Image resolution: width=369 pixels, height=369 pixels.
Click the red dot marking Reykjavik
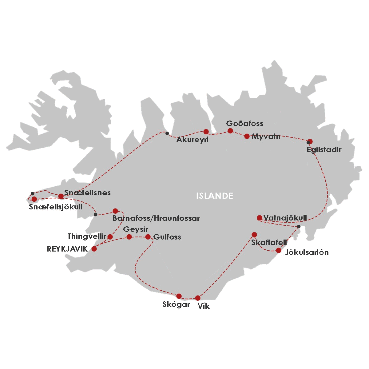pyautogui.click(x=94, y=249)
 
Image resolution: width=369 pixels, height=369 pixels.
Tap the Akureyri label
pyautogui.click(x=192, y=140)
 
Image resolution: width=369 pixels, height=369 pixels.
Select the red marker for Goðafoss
pyautogui.click(x=230, y=131)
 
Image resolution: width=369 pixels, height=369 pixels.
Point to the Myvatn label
pyautogui.click(x=266, y=137)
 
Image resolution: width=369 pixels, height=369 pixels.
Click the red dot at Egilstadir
pyautogui.click(x=310, y=141)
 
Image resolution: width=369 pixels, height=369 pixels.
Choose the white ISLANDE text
pyautogui.click(x=215, y=196)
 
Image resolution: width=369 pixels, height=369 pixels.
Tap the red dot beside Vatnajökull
pyautogui.click(x=259, y=218)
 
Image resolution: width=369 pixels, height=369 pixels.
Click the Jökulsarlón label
pyautogui.click(x=307, y=252)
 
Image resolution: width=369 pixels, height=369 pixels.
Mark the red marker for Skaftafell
pyautogui.click(x=254, y=235)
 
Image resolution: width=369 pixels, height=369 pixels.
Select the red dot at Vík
pyautogui.click(x=198, y=298)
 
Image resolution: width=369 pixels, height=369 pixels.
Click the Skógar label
pyautogui.click(x=176, y=304)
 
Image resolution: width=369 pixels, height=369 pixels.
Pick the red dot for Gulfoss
pyautogui.click(x=148, y=237)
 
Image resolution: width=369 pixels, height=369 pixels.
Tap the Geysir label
pyautogui.click(x=136, y=229)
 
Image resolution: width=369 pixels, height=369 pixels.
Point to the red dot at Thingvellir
pyautogui.click(x=110, y=237)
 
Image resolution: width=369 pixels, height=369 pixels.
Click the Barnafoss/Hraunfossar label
pyautogui.click(x=156, y=218)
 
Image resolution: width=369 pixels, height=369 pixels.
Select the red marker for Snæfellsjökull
pyautogui.click(x=34, y=199)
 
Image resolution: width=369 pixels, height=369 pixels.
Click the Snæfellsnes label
pyautogui.click(x=88, y=193)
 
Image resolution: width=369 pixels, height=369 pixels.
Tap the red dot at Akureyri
pyautogui.click(x=206, y=132)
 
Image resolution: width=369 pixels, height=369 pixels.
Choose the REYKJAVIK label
pyautogui.click(x=67, y=249)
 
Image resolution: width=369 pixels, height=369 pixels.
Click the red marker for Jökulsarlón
pyautogui.click(x=279, y=250)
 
